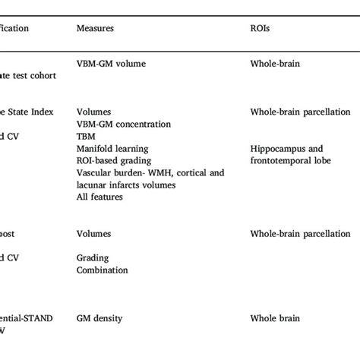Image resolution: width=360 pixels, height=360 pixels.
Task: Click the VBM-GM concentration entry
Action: coord(124,124)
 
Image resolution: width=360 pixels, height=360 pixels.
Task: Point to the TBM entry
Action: coord(86,136)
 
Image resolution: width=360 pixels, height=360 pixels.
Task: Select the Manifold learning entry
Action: coord(112,148)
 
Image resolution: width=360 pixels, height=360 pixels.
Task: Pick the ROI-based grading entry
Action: coord(114,160)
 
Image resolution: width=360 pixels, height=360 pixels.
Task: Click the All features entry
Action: coord(99,197)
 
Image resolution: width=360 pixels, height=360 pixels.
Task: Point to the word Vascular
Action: coord(95,172)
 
